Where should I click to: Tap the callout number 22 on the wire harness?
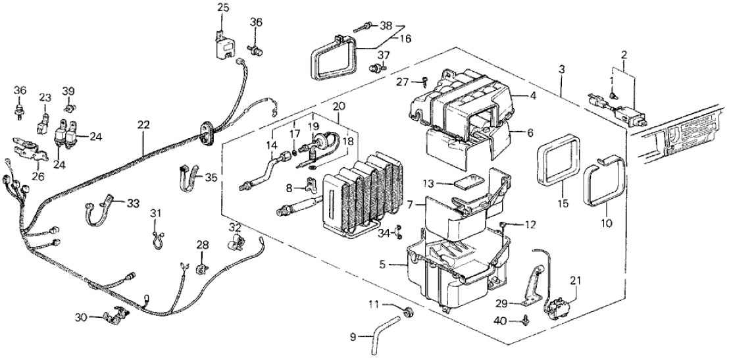144,125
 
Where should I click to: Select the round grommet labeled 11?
408,311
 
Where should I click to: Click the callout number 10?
606,223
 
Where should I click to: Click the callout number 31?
155,213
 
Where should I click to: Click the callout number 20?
338,107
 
